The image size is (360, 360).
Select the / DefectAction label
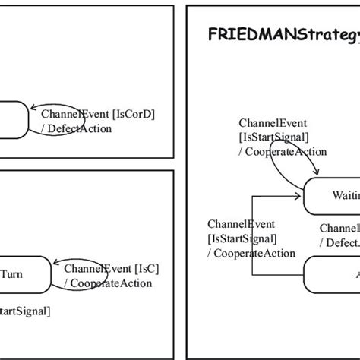click(x=78, y=128)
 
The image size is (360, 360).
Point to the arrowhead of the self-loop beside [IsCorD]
click(x=30, y=119)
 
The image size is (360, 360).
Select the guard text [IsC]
click(x=146, y=269)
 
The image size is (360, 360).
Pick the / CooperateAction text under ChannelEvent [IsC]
click(x=108, y=283)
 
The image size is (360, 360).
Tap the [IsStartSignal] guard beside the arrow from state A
click(x=242, y=238)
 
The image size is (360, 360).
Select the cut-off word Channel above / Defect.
click(x=339, y=228)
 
